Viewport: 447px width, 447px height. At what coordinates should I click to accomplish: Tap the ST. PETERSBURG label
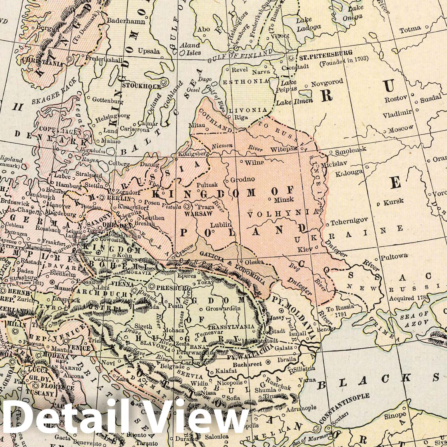tap(325, 52)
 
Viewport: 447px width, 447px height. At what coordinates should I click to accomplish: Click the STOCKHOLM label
tap(141, 87)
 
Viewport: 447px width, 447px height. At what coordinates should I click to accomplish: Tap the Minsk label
tap(284, 199)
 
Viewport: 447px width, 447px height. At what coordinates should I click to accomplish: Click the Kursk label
tap(393, 201)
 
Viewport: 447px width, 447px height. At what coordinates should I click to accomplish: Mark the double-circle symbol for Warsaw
tap(187, 207)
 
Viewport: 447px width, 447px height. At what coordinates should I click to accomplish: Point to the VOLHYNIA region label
tap(283, 214)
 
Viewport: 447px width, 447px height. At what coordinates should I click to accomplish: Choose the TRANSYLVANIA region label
tap(232, 327)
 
